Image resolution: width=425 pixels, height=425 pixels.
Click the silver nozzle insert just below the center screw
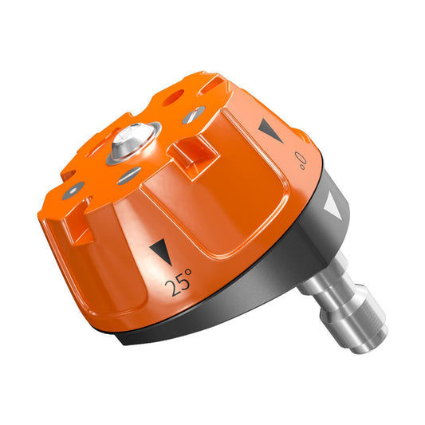point(129,176)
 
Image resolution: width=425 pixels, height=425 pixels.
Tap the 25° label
point(178,282)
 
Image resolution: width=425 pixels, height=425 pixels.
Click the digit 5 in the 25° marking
point(179,283)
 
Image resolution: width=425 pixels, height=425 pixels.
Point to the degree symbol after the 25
point(189,276)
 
